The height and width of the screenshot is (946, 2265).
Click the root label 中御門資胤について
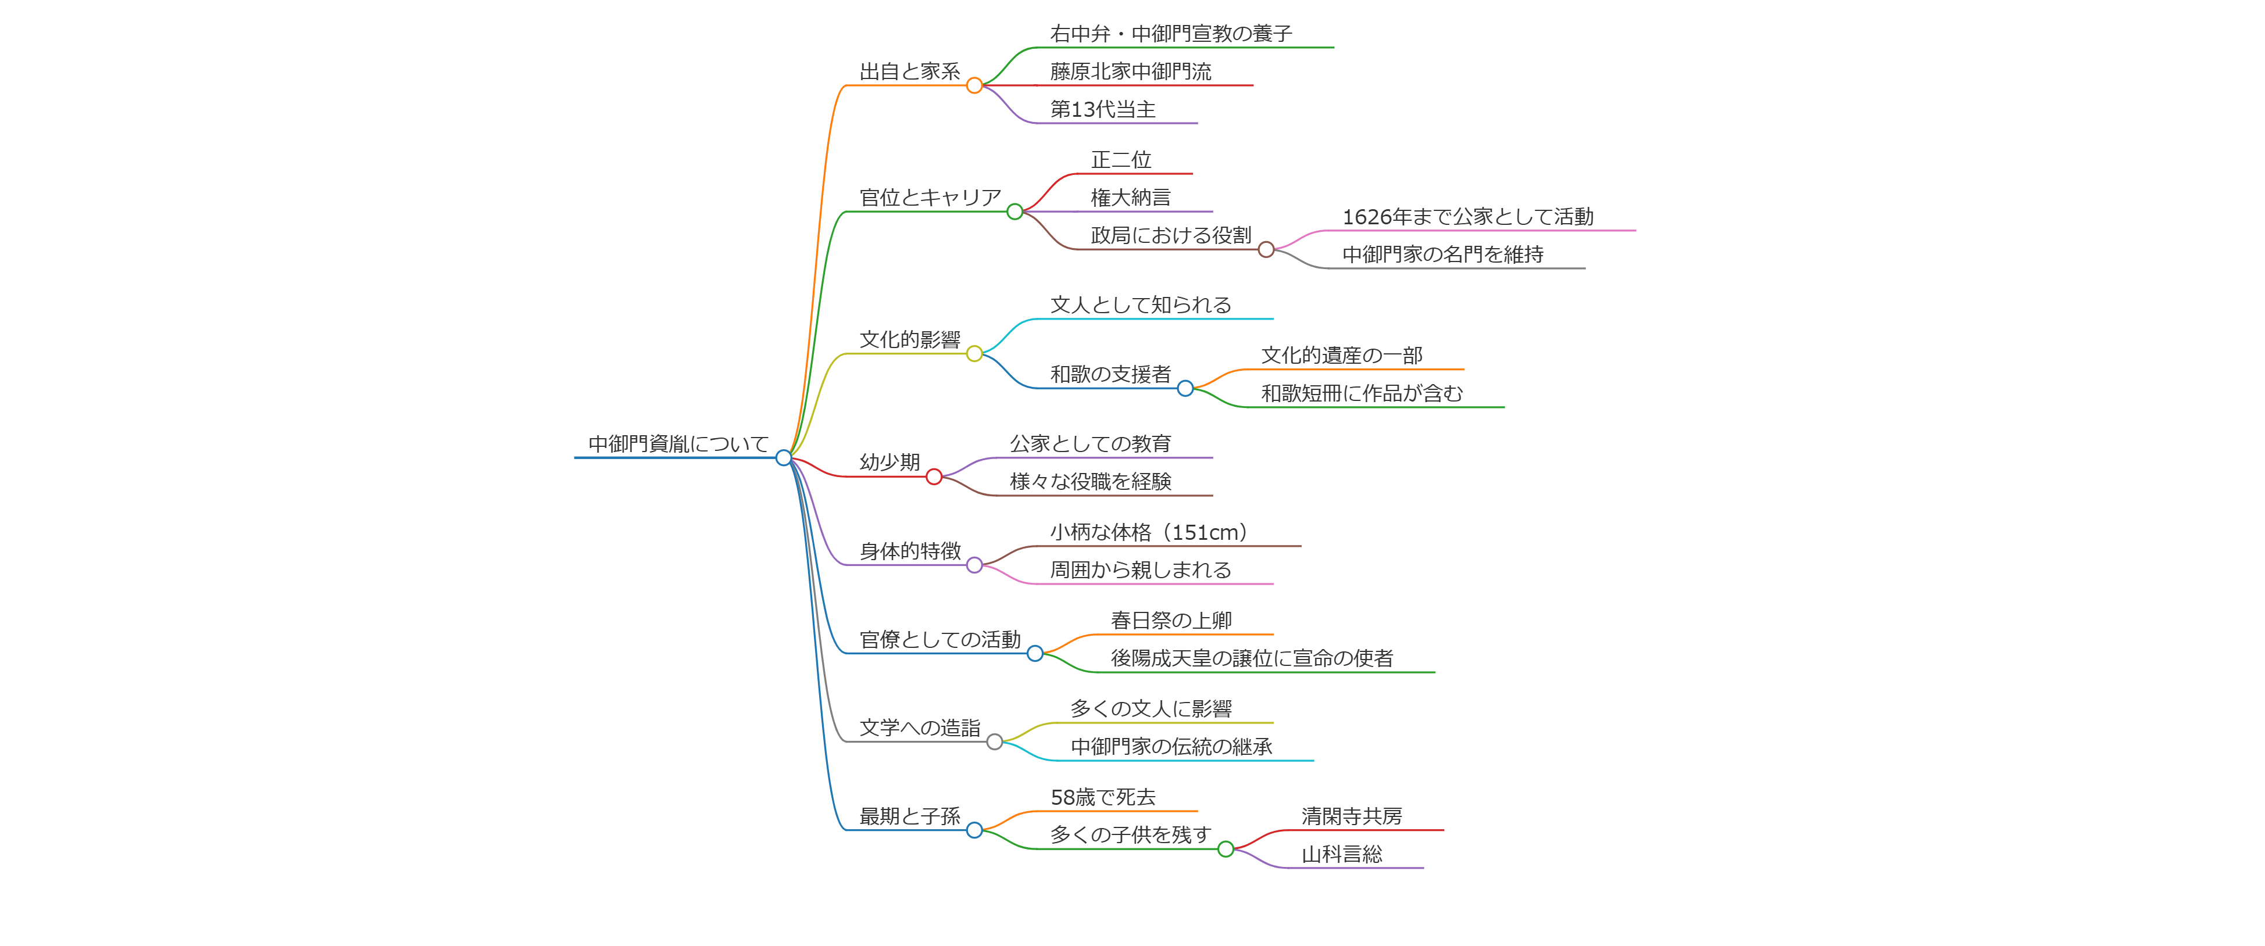678,444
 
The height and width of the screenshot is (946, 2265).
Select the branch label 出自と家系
909,71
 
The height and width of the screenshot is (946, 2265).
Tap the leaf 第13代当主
1103,110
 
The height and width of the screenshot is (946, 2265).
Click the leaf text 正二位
1120,160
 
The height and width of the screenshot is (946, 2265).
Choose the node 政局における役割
1170,235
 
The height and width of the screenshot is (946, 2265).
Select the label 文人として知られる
1141,305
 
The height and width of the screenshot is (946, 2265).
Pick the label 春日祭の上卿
1170,621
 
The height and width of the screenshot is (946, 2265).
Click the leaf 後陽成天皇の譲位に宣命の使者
1251,658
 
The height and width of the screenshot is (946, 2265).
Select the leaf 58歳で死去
1103,797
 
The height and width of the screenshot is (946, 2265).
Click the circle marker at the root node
784,457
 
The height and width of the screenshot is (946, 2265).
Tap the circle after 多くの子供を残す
1225,850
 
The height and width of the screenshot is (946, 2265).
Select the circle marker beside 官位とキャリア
1014,212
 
